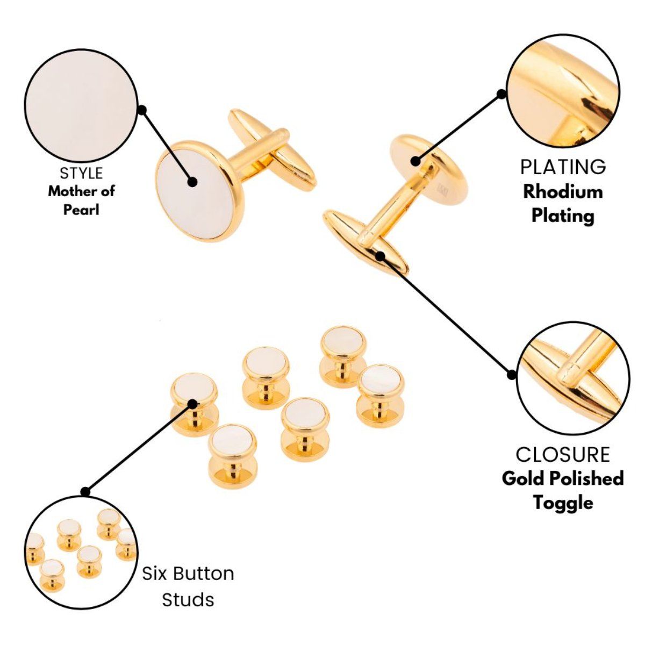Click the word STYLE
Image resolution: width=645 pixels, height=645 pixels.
pos(81,173)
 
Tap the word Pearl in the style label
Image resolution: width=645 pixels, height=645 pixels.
pos(81,210)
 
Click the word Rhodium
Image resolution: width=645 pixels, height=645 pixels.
pos(563,192)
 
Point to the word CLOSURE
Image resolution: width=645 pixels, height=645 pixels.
pos(563,454)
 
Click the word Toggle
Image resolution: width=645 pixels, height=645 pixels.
pos(563,503)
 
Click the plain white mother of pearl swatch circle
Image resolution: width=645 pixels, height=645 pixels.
pos(81,105)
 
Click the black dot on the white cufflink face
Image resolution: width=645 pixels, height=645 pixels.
pos(192,182)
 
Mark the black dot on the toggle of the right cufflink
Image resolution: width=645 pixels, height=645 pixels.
pos(380,256)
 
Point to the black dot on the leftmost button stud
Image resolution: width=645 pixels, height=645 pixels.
pos(192,404)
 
